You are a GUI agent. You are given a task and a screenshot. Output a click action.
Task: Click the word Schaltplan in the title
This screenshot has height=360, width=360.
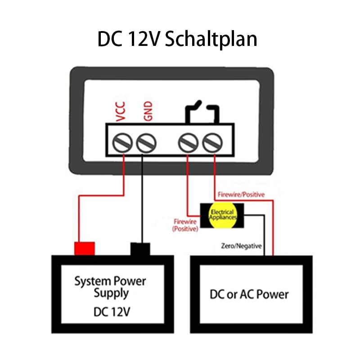211,40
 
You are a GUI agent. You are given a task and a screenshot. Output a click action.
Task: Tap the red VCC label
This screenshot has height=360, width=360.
121,111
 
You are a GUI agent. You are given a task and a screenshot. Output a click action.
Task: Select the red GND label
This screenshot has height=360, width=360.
148,111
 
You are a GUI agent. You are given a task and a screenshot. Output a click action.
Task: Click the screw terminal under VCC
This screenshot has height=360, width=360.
122,143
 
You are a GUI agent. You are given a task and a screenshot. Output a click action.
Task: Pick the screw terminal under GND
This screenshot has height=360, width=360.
146,143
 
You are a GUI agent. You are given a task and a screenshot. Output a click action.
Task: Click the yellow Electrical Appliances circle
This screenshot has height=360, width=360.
222,215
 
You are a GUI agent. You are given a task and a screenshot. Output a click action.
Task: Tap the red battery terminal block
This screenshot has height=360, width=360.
85,248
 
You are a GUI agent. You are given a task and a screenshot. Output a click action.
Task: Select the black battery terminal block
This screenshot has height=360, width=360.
140,249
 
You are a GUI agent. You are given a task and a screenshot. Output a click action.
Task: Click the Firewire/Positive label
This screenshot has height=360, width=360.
241,195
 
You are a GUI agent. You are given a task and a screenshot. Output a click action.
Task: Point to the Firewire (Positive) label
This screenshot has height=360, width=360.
185,225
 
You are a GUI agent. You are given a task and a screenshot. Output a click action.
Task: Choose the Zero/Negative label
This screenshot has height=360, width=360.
241,246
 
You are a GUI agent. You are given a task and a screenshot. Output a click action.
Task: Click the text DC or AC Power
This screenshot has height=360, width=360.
249,294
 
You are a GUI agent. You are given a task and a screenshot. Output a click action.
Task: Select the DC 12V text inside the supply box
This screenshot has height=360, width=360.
112,312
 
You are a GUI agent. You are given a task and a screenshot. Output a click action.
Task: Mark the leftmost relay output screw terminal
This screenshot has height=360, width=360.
188,143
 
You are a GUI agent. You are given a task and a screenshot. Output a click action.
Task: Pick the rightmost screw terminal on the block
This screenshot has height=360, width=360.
212,143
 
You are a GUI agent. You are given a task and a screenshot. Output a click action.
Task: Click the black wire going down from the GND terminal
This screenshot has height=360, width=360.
142,199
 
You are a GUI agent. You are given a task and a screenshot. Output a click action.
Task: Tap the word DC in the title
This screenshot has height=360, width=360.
110,39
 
